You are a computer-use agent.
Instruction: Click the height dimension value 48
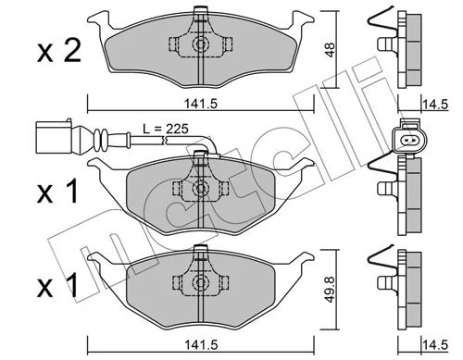[331, 49]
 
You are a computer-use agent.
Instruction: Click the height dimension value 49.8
[331, 290]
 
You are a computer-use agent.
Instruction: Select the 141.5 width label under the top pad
[201, 104]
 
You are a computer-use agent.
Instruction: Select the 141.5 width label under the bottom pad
[201, 344]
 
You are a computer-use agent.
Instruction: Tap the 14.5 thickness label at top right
[435, 105]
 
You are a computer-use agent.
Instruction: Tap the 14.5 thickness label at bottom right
[435, 345]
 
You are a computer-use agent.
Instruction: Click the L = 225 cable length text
[166, 129]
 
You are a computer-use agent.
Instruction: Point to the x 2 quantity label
[59, 51]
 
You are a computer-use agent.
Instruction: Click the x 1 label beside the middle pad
[57, 192]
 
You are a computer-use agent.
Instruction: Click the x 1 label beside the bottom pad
[57, 287]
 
